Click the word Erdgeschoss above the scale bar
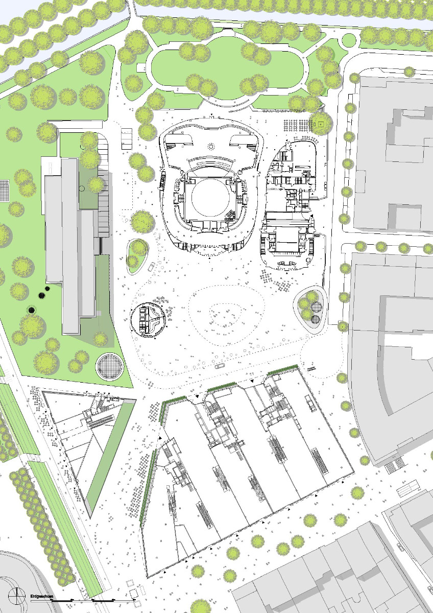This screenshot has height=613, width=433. click(x=42, y=596)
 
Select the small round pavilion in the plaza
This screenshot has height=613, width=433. click(x=149, y=320)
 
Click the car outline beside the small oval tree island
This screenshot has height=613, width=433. click(x=151, y=266)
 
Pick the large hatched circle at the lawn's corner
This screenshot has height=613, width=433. click(x=110, y=366)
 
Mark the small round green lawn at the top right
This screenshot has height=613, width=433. click(x=349, y=40)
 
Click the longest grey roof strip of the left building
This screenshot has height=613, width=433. click(x=70, y=245)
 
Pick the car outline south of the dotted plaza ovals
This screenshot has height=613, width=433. click(x=220, y=366)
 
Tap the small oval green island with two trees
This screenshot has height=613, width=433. click(x=137, y=253)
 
